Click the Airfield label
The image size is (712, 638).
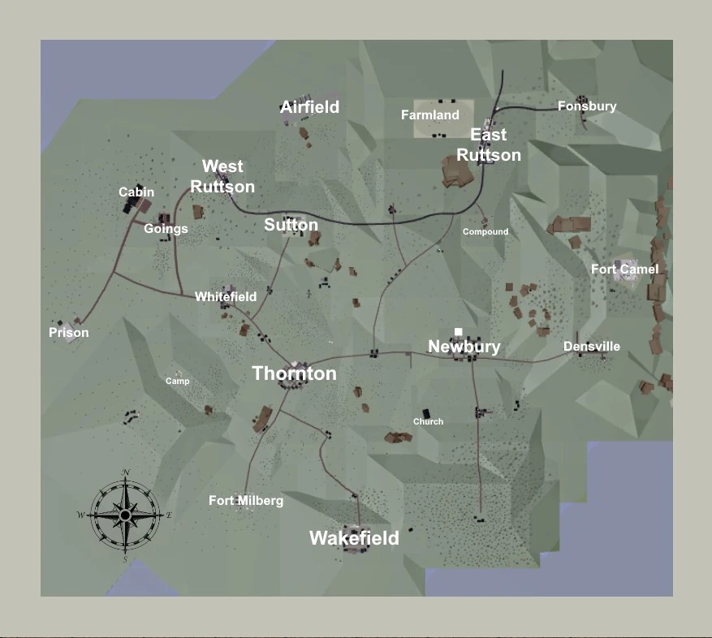[x=309, y=107]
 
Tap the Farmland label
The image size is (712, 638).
[x=430, y=115]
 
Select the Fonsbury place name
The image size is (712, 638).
[x=587, y=106]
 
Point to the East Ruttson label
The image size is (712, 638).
[x=489, y=144]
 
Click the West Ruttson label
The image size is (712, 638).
[x=222, y=176]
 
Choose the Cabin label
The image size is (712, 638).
[x=136, y=192]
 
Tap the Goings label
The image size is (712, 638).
[x=166, y=229]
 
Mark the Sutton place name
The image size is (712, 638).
[x=291, y=225]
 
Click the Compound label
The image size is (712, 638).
[x=485, y=231]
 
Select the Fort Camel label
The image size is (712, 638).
[x=624, y=269]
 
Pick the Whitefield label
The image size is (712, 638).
[x=226, y=297]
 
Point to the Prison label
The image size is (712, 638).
[x=69, y=333]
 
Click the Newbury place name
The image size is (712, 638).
[x=464, y=347]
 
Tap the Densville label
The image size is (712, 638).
[x=592, y=347]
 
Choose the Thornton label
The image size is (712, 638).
[x=294, y=373]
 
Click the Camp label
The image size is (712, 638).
[x=178, y=381]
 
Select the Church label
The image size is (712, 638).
[x=428, y=421]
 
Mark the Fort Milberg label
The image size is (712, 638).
[x=246, y=501]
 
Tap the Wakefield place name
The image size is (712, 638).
[x=354, y=538]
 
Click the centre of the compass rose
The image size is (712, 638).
[x=125, y=515]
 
